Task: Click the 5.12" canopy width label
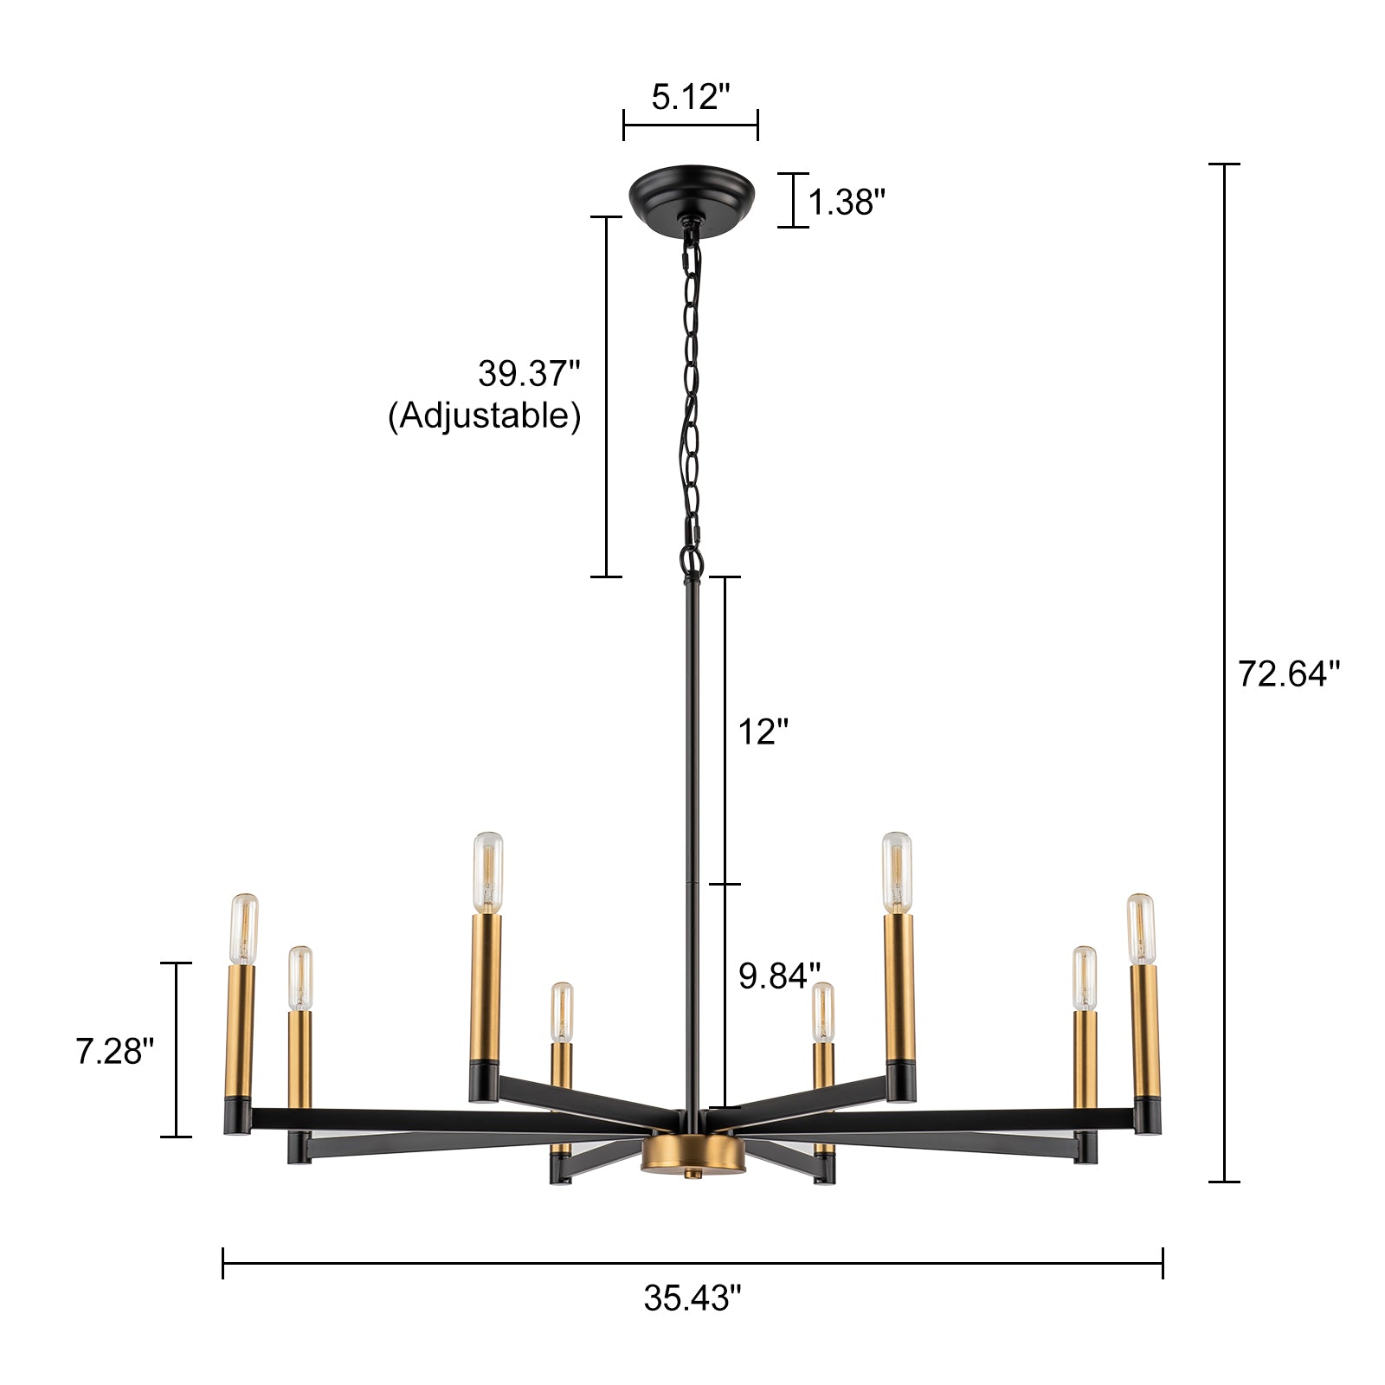point(691,97)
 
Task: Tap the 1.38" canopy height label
point(847,203)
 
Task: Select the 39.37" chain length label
point(529,374)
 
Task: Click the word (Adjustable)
point(484,416)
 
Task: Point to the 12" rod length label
point(763,732)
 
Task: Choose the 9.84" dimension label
point(779,976)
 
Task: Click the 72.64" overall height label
point(1288,673)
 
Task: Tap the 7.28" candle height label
point(114,1052)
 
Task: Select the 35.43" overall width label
point(692,1298)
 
